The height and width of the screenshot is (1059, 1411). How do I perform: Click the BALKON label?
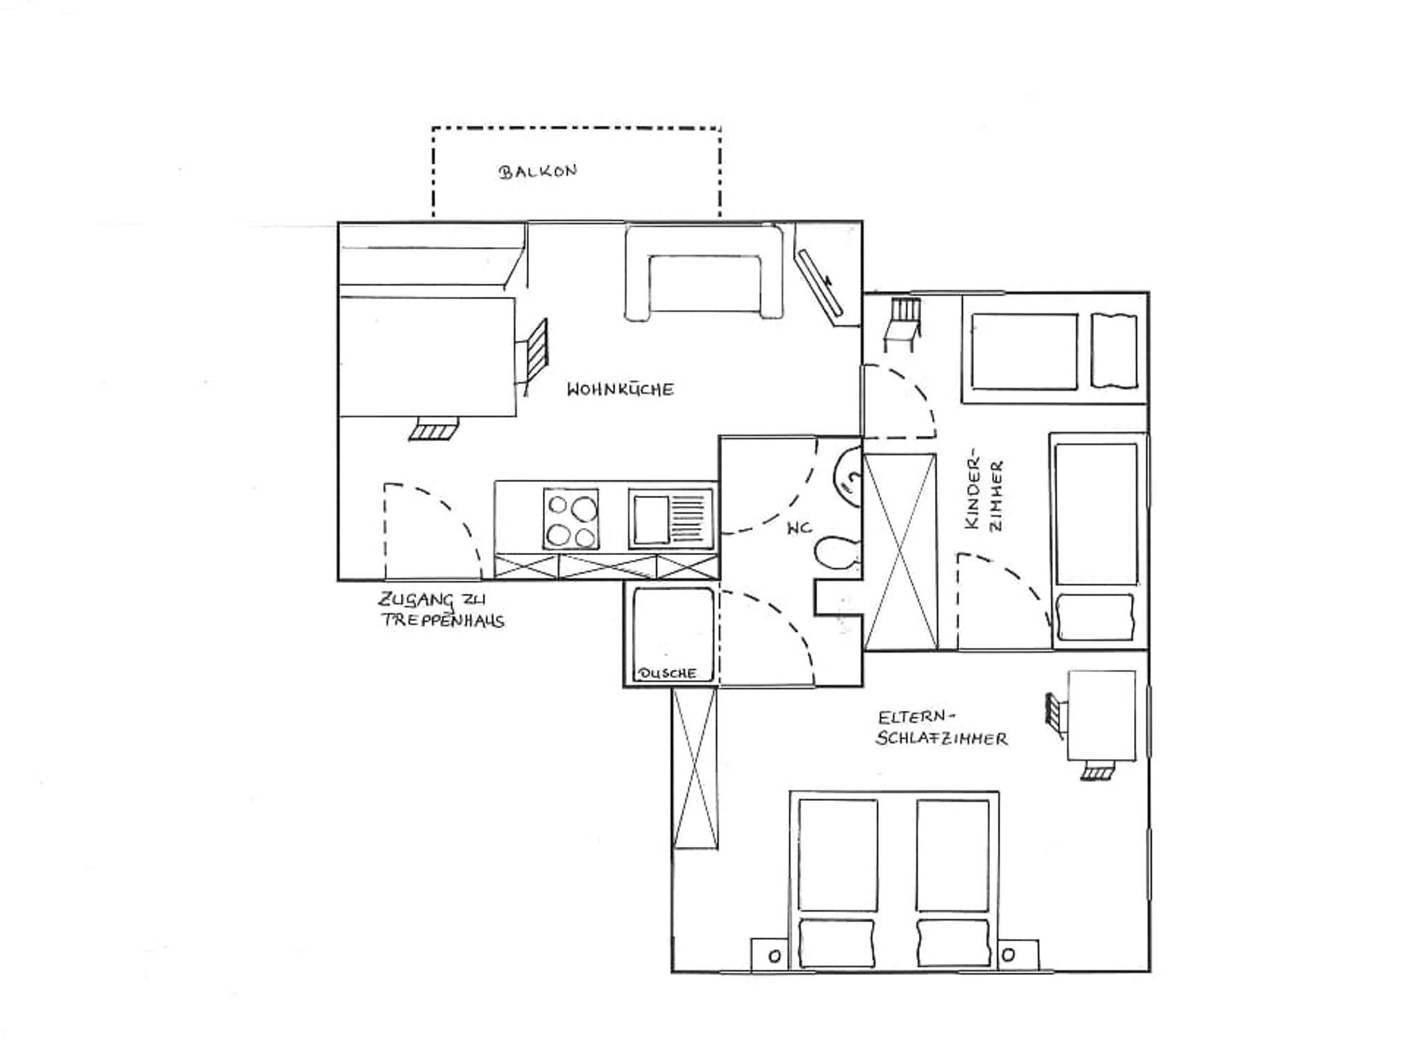coord(537,171)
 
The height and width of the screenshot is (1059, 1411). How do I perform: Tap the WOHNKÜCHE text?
coord(620,389)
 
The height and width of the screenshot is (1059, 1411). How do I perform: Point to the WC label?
coord(799,528)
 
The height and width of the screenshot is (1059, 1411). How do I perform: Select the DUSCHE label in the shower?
coord(668,673)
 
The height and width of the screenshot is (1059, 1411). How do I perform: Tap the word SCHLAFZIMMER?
coord(941,739)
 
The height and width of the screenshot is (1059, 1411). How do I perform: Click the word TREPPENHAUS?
coord(443,620)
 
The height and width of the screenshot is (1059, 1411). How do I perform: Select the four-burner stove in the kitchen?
coord(571,518)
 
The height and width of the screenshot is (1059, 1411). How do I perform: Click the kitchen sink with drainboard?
coord(670,518)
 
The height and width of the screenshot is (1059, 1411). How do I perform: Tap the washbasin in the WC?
coord(847,477)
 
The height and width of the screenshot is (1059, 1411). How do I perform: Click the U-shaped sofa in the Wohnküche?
coord(704,273)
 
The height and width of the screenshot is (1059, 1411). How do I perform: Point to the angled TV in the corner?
coord(820,282)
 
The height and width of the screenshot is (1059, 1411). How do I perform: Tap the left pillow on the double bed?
coord(837,943)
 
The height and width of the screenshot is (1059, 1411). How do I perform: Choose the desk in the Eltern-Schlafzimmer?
coord(1101,716)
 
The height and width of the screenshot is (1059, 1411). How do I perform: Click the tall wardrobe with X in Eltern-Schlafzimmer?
coord(696,768)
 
